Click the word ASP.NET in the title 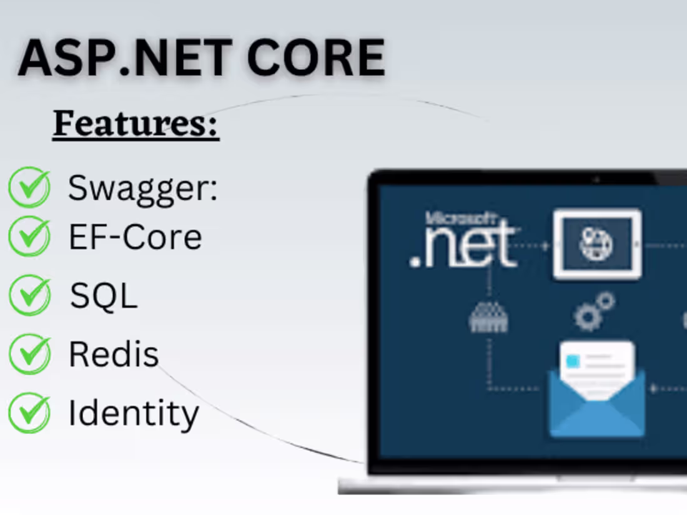pos(125,57)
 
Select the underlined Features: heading pos(136,124)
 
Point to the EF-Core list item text pos(135,237)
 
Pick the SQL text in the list pos(104,295)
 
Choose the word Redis pos(114,354)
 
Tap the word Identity pos(134,413)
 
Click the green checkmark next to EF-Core pos(29,236)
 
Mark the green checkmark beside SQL pos(29,295)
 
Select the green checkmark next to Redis pos(29,353)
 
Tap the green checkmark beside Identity pos(29,413)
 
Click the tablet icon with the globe pos(596,244)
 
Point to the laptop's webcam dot pos(596,179)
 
